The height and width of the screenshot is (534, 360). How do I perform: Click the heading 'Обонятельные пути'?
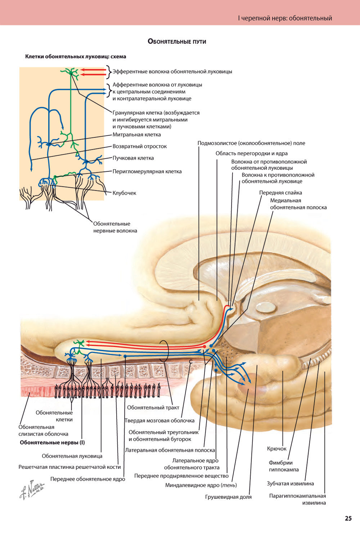click(177, 41)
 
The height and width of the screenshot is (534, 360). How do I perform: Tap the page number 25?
click(348, 519)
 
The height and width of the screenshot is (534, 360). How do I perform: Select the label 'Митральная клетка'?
click(136, 135)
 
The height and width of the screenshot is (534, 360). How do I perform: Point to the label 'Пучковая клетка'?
click(133, 158)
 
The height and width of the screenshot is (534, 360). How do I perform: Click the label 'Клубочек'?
click(124, 193)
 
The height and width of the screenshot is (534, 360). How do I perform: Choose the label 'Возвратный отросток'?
click(140, 146)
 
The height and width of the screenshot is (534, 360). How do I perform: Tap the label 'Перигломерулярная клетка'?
click(147, 171)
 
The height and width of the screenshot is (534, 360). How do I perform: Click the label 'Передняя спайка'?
click(280, 193)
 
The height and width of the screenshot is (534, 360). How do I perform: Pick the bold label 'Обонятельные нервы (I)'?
click(52, 443)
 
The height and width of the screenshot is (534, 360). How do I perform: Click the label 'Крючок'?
click(277, 449)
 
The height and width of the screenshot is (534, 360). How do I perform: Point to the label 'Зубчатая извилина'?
click(290, 484)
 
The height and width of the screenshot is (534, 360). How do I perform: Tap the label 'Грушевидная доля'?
click(228, 497)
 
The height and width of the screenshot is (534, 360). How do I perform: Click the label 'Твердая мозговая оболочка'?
click(159, 420)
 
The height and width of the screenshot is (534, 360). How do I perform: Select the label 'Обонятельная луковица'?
click(72, 456)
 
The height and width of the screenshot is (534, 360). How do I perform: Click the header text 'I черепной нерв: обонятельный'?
click(285, 18)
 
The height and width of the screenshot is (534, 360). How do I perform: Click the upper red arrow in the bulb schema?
click(93, 69)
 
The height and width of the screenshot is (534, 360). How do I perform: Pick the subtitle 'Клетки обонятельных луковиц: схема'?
click(76, 56)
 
